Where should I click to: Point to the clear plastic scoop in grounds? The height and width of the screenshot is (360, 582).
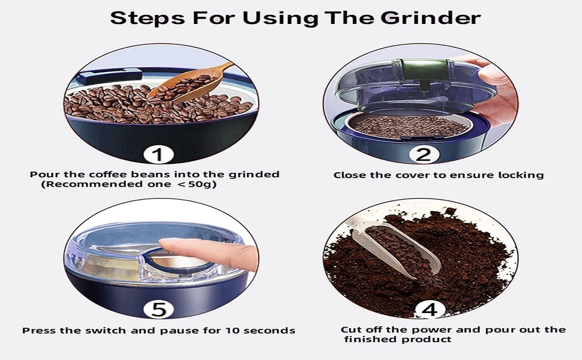pyautogui.click(x=396, y=246)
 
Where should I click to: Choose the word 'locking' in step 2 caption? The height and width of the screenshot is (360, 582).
pyautogui.click(x=521, y=175)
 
